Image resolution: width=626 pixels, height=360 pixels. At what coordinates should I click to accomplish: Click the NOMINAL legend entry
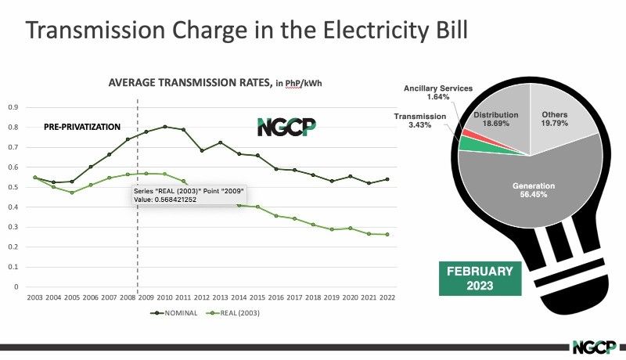point(174,313)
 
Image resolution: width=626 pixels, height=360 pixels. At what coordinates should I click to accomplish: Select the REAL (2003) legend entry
point(232,313)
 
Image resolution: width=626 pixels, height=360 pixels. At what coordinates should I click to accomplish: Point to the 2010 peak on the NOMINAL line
point(165,127)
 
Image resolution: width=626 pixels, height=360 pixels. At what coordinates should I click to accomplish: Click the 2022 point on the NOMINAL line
point(387,179)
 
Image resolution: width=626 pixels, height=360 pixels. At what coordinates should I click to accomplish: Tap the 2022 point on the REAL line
point(387,235)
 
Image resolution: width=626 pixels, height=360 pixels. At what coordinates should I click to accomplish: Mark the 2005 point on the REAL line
point(72,193)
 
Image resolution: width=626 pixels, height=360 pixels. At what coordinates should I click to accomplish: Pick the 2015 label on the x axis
point(257,297)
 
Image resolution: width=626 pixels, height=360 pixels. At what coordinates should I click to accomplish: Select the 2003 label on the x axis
point(34,297)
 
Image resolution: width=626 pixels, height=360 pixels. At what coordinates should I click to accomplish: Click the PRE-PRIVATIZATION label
point(82,127)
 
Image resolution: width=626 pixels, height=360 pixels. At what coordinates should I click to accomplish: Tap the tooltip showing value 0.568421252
point(189,195)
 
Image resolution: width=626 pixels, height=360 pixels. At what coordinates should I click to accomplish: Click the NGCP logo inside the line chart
point(286,127)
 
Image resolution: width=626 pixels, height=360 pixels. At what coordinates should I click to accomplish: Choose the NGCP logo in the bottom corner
point(594,347)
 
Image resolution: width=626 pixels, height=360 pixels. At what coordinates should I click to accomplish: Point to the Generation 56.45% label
point(534,190)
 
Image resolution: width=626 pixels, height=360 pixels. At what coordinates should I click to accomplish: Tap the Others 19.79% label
point(555,119)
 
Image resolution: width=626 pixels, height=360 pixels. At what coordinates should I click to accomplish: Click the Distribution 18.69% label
point(496,119)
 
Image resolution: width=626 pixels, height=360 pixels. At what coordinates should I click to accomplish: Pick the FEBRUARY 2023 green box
point(480,279)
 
